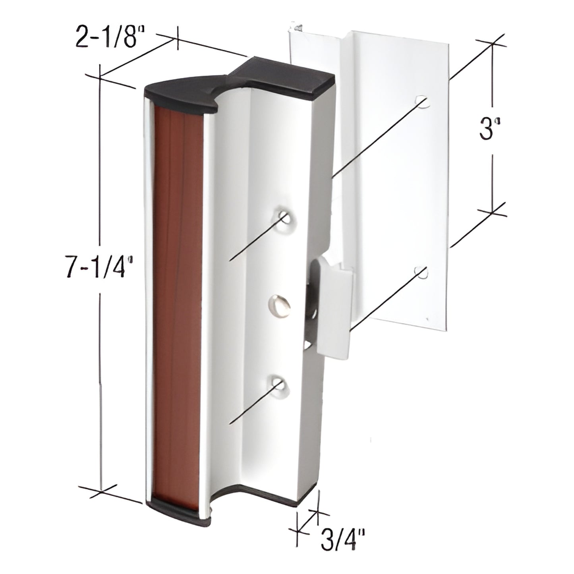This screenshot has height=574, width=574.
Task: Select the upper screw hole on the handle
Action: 284,217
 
